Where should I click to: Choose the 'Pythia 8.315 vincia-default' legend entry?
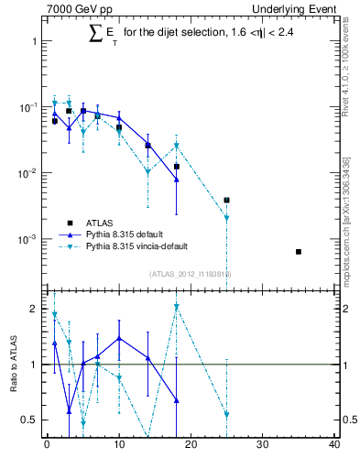click(x=142, y=245)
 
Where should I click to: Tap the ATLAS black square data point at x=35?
click(x=299, y=251)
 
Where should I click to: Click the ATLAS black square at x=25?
click(x=226, y=200)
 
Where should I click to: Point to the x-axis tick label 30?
click(x=262, y=445)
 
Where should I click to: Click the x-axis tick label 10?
click(x=118, y=445)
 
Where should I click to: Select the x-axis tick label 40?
click(x=334, y=445)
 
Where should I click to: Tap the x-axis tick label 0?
click(x=47, y=445)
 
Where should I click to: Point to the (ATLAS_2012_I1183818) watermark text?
click(x=191, y=274)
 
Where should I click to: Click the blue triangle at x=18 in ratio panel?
click(x=176, y=401)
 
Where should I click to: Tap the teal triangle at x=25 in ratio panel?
click(x=226, y=415)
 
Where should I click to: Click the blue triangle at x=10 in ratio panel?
click(x=118, y=338)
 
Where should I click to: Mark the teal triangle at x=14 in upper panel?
click(x=147, y=171)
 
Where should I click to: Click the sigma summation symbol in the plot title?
click(x=94, y=34)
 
